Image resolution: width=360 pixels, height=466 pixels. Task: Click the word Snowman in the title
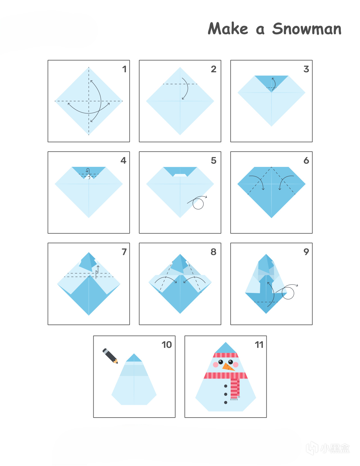tap(307, 28)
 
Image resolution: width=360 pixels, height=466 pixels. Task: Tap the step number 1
tap(124, 69)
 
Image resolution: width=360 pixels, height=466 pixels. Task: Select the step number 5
tap(214, 160)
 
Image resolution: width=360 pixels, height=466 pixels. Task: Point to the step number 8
tap(213, 252)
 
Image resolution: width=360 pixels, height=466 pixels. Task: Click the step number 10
tap(166, 345)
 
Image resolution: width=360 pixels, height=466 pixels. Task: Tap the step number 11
tap(259, 345)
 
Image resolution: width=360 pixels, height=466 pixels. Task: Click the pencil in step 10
tap(110, 356)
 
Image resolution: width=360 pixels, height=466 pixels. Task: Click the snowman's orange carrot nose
tap(228, 366)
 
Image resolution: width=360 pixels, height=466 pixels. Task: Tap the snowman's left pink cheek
tap(215, 365)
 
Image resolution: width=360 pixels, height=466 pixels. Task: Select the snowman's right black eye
tap(231, 362)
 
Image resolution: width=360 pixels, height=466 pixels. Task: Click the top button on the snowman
tap(226, 386)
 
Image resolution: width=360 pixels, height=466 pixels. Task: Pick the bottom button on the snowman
tap(226, 402)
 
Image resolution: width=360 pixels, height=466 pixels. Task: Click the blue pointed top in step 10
tap(134, 358)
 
